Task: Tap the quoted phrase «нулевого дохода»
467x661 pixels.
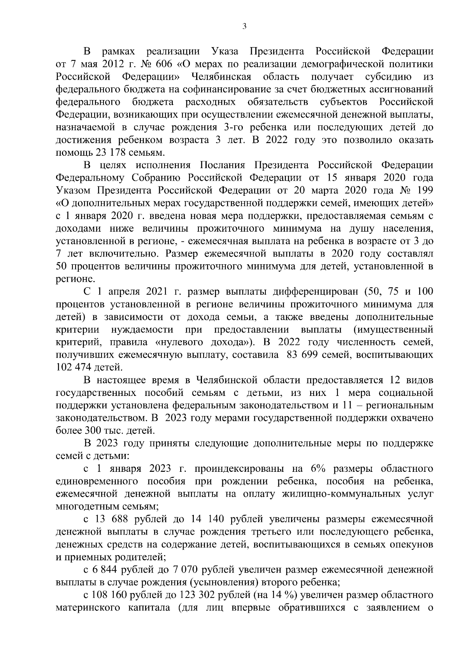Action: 202,342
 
